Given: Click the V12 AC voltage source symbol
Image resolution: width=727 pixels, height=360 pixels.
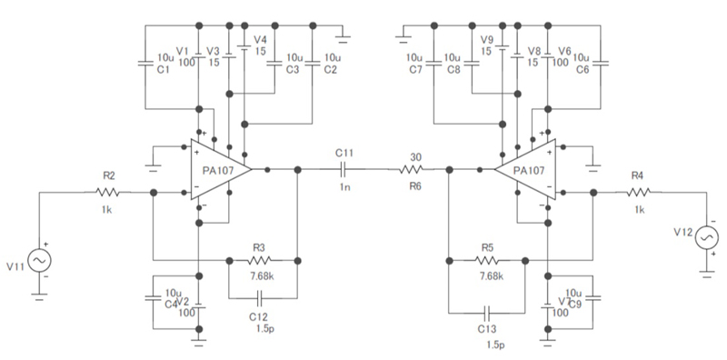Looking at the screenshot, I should pos(705,238).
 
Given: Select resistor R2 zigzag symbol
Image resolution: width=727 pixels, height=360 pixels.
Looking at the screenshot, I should pos(108,192).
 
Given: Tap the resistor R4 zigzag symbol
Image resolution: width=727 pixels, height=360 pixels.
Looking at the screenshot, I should pos(639,192).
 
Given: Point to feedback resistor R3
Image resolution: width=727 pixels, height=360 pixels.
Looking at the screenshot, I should pos(258,260).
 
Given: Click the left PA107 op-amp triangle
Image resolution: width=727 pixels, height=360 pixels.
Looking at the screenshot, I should pos(218,170).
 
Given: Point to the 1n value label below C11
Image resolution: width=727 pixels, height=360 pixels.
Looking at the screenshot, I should pos(344,186).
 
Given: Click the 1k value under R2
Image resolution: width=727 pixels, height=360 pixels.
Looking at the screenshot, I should pos(108,210).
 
